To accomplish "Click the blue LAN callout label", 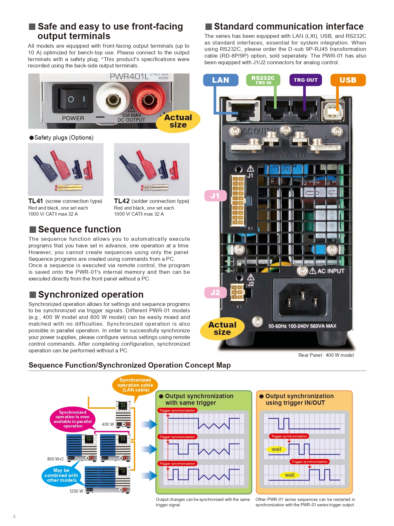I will [x=221, y=80].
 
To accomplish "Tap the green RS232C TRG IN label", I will [x=263, y=80].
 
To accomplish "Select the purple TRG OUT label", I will [x=305, y=80].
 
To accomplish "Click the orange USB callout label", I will [x=348, y=80].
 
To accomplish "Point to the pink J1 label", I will [x=215, y=196].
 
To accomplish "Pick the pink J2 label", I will [x=215, y=293].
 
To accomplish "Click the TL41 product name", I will [x=36, y=201].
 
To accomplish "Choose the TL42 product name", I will [x=122, y=201].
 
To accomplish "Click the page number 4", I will [x=14, y=516].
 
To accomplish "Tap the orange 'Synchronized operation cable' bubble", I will [x=135, y=385].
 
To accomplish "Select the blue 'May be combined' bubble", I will [x=61, y=475].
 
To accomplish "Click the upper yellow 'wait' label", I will [x=276, y=449].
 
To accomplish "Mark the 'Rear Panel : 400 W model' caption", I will [x=326, y=355].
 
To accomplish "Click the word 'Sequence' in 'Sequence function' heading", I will [x=58, y=229].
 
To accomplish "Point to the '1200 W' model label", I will [x=76, y=491].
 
